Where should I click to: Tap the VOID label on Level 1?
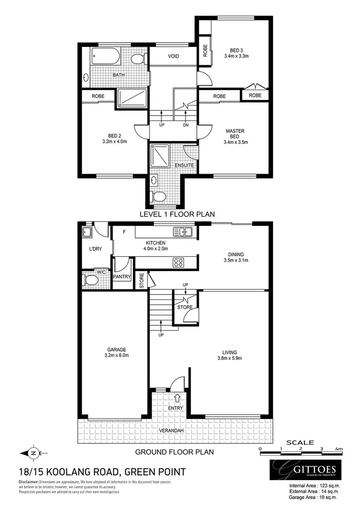173,57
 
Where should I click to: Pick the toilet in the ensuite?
158,196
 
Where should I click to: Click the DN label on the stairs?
186,125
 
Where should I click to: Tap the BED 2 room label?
108,135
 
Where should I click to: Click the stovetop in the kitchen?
179,262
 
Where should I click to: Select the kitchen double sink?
183,232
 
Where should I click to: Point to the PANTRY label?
121,277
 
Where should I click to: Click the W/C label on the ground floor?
101,272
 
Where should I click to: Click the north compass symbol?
33,452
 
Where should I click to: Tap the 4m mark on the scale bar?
339,449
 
